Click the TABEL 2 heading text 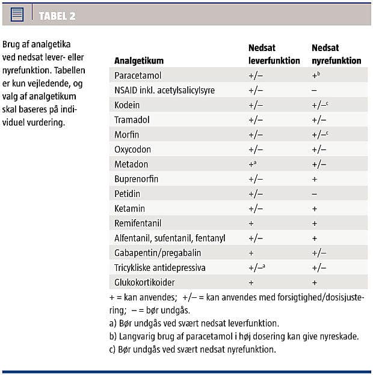click(x=57, y=15)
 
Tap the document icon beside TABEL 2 click(x=17, y=14)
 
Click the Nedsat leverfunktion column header click(x=274, y=54)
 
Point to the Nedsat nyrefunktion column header click(x=336, y=54)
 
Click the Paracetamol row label click(x=138, y=76)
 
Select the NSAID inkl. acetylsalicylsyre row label click(x=164, y=90)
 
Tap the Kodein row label click(x=127, y=105)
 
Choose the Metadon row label click(x=131, y=164)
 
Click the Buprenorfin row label click(x=136, y=178)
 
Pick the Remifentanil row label click(x=137, y=223)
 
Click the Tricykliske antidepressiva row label click(x=161, y=267)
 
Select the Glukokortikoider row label click(x=144, y=282)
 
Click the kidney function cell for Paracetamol click(x=315, y=76)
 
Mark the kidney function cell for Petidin click(x=314, y=193)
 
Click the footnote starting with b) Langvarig click(x=230, y=336)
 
